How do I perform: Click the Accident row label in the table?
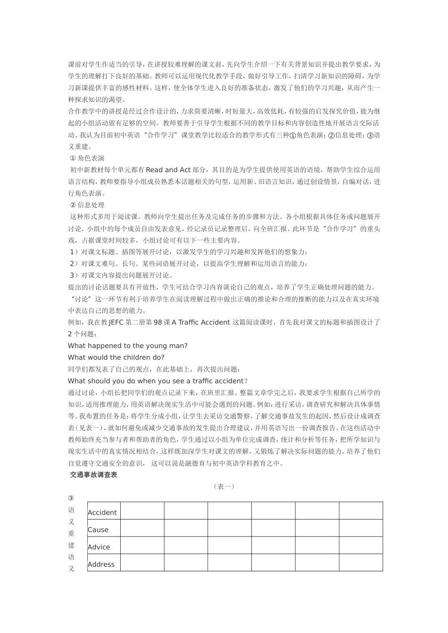(102, 512)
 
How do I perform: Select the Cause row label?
(98, 530)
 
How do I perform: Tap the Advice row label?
(99, 547)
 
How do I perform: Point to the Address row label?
(101, 564)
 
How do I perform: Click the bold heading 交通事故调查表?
(93, 475)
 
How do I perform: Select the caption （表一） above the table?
(224, 487)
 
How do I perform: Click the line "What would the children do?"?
(116, 357)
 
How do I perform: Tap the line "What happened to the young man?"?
(128, 346)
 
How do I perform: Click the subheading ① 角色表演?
(87, 158)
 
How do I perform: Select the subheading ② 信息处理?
(87, 205)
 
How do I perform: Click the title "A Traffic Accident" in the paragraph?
(201, 323)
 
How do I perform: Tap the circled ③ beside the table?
(71, 498)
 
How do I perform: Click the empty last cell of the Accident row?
(361, 511)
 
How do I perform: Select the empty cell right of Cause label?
(142, 528)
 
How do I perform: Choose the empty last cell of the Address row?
(361, 563)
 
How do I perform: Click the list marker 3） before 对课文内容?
(74, 276)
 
